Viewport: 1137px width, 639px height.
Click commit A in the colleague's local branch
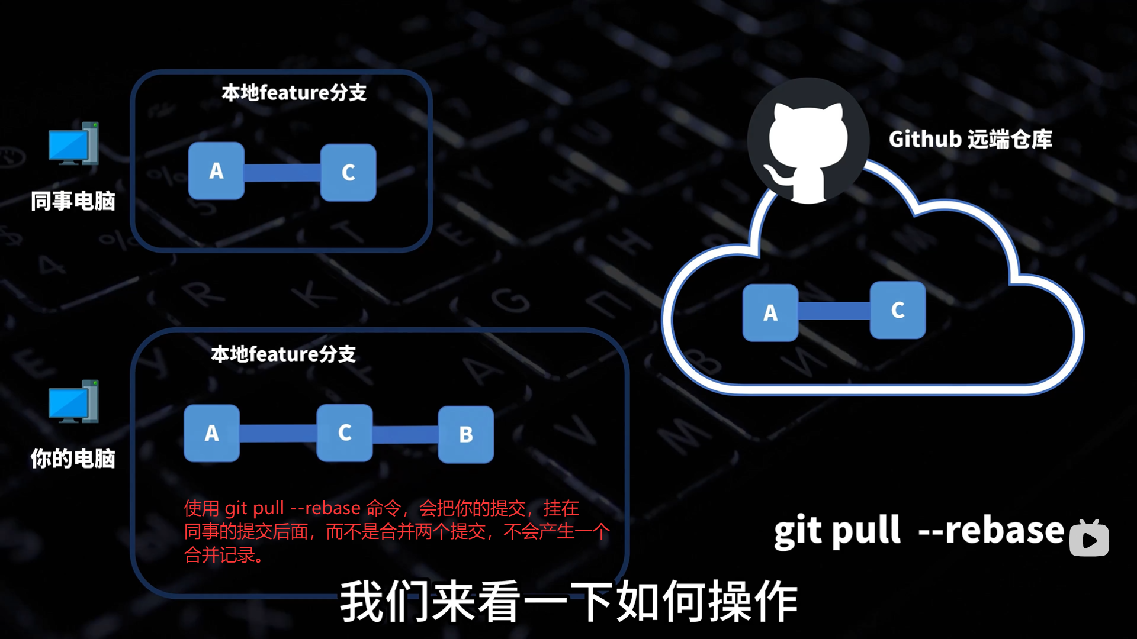pyautogui.click(x=216, y=171)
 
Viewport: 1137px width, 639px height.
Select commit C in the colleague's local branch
pyautogui.click(x=348, y=172)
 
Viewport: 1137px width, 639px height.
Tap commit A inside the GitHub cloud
pyautogui.click(x=770, y=312)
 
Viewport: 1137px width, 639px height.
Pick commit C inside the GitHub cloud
pyautogui.click(x=898, y=310)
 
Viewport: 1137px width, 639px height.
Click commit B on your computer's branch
pyautogui.click(x=466, y=434)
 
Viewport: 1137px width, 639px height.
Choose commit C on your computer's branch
pyautogui.click(x=345, y=433)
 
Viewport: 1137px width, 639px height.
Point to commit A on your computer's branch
pyautogui.click(x=212, y=433)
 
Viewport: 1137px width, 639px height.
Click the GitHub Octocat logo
pyautogui.click(x=808, y=142)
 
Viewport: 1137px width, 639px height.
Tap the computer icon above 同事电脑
pyautogui.click(x=73, y=144)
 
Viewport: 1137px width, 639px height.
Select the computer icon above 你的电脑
pyautogui.click(x=73, y=402)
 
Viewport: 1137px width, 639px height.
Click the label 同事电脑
pyautogui.click(x=73, y=201)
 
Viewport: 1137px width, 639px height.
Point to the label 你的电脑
pyautogui.click(x=73, y=459)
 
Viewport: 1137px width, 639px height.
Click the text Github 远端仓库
pyautogui.click(x=970, y=140)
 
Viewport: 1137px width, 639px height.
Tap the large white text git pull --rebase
pyautogui.click(x=918, y=530)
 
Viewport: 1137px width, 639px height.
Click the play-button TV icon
pyautogui.click(x=1089, y=538)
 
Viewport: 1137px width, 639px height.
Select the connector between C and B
pyautogui.click(x=406, y=434)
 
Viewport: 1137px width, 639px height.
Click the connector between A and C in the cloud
pyautogui.click(x=834, y=311)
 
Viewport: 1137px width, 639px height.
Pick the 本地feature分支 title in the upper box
pyautogui.click(x=294, y=93)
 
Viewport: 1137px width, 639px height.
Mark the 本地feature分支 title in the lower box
pyautogui.click(x=284, y=354)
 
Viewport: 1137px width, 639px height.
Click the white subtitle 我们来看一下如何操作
pyautogui.click(x=568, y=601)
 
